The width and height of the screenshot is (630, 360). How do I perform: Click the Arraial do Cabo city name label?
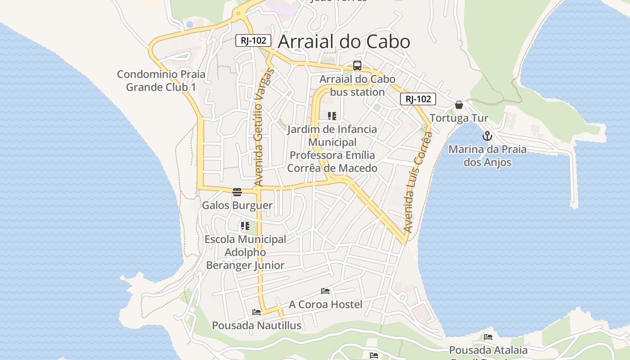344,42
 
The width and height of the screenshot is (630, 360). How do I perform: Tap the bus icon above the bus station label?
357,66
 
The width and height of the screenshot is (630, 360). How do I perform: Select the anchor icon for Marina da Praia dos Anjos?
487,136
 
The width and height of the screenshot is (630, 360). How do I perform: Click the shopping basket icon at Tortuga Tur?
459,105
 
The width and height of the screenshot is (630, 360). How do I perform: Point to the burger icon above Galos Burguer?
237,192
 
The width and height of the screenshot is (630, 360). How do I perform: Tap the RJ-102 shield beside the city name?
253,40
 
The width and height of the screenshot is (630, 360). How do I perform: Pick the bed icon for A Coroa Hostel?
325,291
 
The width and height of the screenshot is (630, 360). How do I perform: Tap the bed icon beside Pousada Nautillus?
256,312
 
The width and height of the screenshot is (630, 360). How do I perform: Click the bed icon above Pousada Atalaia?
488,337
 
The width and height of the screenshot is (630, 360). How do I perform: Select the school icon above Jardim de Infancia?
332,116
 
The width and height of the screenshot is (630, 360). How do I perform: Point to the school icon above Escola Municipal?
245,225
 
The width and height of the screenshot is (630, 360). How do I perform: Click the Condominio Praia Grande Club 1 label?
161,81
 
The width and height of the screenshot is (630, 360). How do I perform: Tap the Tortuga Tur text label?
459,118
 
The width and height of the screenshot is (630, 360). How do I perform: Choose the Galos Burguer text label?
237,206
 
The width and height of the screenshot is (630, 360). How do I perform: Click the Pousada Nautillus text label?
256,325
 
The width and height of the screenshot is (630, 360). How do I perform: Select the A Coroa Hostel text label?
325,305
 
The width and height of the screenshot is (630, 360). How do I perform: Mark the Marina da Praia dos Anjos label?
487,156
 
